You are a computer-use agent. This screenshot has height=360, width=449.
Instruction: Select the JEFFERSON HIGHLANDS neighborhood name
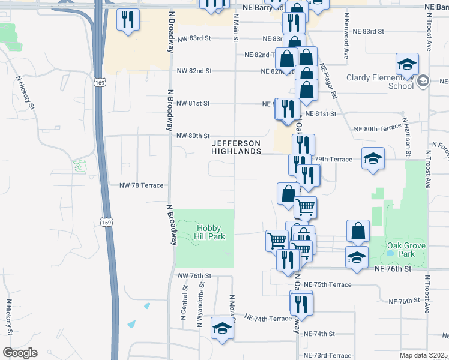[236, 148]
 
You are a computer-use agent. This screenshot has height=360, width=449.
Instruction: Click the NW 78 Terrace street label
[141, 185]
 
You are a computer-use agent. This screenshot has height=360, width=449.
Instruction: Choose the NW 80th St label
[193, 136]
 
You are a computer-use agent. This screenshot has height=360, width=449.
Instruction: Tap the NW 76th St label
[195, 275]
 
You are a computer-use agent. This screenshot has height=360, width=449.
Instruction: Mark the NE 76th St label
[393, 269]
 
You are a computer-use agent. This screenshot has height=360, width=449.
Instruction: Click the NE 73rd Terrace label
[327, 356]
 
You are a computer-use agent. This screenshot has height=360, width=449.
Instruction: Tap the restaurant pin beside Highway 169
[128, 21]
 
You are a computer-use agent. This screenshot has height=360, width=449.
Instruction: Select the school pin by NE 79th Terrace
[373, 159]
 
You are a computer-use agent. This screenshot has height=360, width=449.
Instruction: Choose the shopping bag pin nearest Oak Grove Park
[358, 231]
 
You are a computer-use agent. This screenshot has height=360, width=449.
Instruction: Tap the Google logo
[20, 353]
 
